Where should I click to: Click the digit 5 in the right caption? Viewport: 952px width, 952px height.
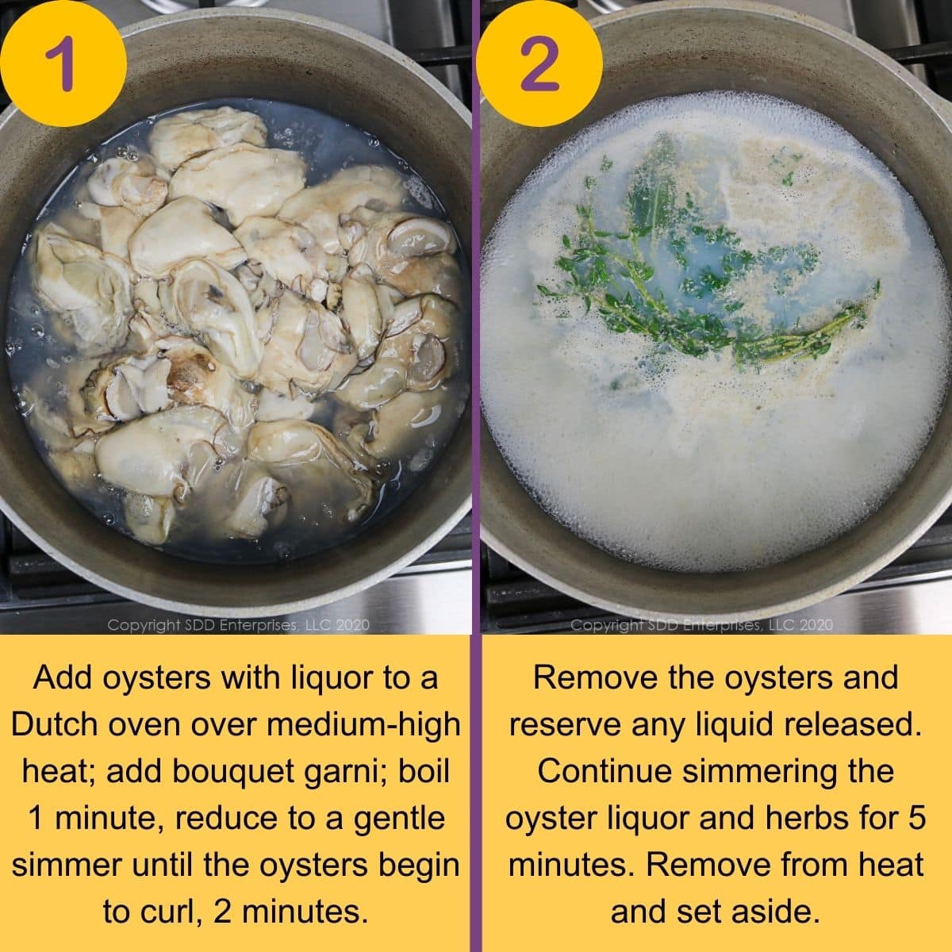click(x=917, y=818)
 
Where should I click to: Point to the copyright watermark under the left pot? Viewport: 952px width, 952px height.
click(x=238, y=625)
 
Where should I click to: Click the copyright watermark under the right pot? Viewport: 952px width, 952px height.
click(x=701, y=625)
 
